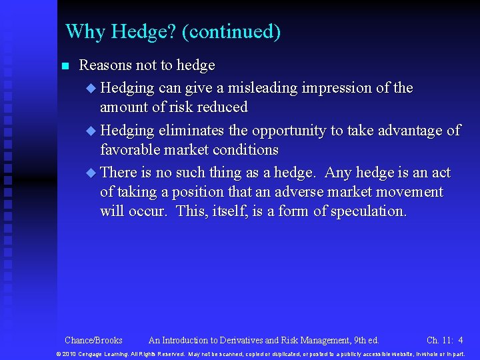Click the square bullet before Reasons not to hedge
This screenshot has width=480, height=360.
tap(65, 66)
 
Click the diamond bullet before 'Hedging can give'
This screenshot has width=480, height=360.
tap(91, 88)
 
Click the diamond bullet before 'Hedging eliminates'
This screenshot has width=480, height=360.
tap(91, 131)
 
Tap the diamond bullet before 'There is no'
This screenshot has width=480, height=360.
tap(91, 173)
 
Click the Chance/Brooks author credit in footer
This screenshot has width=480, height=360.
tap(93, 340)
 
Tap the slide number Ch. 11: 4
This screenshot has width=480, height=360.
tap(444, 340)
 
